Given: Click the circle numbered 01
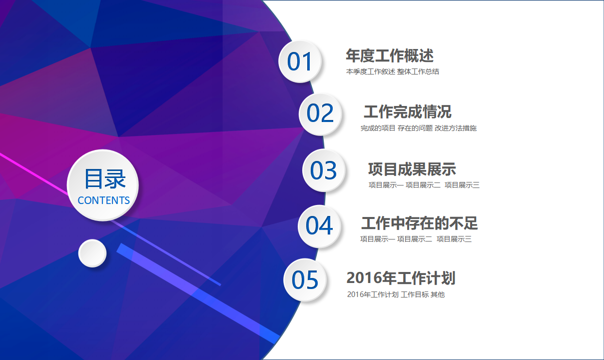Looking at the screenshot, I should tap(300, 61).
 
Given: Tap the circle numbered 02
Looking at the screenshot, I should tap(320, 114).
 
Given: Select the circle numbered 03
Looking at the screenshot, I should tap(324, 170).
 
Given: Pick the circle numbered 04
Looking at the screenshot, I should tap(319, 226).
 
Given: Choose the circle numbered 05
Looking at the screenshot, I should tap(305, 280).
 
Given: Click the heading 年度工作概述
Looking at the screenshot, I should tap(389, 55).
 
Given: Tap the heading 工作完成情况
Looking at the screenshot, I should tap(407, 111).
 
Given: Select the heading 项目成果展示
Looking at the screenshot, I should tap(412, 169).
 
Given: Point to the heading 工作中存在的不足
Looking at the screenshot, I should tap(419, 223).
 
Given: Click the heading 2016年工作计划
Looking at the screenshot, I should tap(401, 278).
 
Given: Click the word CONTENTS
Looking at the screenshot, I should tap(103, 200).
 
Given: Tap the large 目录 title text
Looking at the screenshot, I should tap(104, 179).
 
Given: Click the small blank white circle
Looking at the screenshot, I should tap(92, 253).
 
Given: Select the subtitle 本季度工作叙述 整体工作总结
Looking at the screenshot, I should tap(392, 71).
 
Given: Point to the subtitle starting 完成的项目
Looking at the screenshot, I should tap(418, 128).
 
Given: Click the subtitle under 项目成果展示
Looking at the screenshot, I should tap(424, 185).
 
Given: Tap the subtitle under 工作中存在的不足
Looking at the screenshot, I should tap(416, 239).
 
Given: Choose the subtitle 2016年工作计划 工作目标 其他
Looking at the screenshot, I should tap(395, 294).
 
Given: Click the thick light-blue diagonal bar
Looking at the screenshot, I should tap(200, 295).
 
